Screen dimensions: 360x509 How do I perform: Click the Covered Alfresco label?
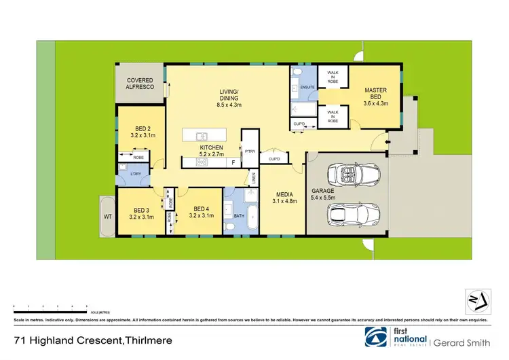[140, 84]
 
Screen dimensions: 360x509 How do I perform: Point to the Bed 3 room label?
[140, 213]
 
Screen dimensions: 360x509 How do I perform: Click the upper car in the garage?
[353, 175]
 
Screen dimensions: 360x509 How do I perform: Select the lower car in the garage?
[353, 216]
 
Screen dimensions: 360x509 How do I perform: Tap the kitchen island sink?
[202, 136]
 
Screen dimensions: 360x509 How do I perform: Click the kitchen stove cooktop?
[202, 162]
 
